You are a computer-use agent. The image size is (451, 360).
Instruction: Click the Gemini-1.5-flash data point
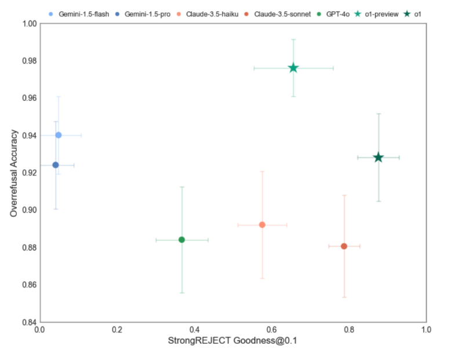[x=58, y=135]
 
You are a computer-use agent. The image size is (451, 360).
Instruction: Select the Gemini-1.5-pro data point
[x=55, y=165]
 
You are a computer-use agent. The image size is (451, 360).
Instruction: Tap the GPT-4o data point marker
[x=181, y=240]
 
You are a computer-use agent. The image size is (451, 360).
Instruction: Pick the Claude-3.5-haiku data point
[x=262, y=225]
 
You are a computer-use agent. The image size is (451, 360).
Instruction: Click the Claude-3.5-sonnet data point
[x=344, y=246]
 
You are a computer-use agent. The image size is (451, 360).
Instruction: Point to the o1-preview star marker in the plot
[x=293, y=68]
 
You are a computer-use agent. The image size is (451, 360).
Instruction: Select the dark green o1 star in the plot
[x=378, y=158]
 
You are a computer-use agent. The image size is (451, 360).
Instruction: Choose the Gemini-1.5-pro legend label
[x=150, y=13]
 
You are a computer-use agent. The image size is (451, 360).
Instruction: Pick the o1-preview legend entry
[x=383, y=13]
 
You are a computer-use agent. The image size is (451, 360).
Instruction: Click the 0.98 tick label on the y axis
[x=27, y=61]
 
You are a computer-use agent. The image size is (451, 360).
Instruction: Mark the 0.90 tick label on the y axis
[x=27, y=210]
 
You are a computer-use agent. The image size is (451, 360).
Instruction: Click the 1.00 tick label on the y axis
[x=27, y=24]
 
